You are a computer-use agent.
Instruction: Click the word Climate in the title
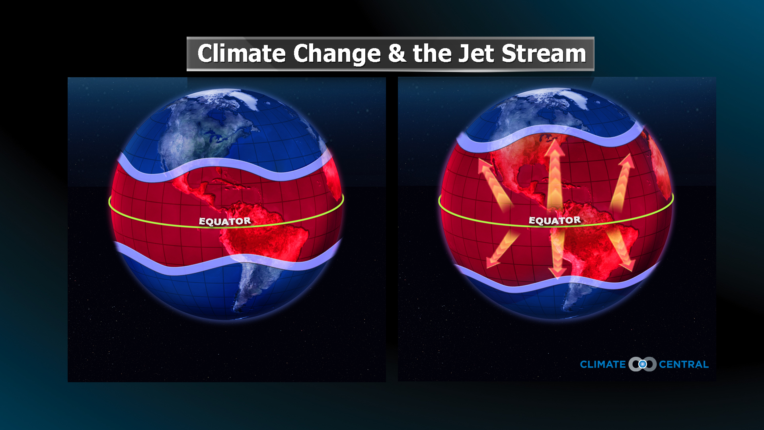click(241, 53)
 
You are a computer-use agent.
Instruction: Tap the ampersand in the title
click(397, 53)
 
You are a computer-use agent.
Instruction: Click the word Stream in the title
click(544, 53)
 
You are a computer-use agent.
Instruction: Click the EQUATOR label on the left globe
click(225, 221)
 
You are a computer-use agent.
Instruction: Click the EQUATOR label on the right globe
click(554, 221)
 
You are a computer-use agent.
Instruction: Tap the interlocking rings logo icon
click(642, 364)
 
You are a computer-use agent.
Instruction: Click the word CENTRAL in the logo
click(684, 364)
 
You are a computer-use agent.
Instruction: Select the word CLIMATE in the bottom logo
click(602, 364)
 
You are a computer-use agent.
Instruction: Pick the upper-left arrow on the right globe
click(493, 183)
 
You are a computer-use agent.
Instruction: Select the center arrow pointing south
click(557, 255)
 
